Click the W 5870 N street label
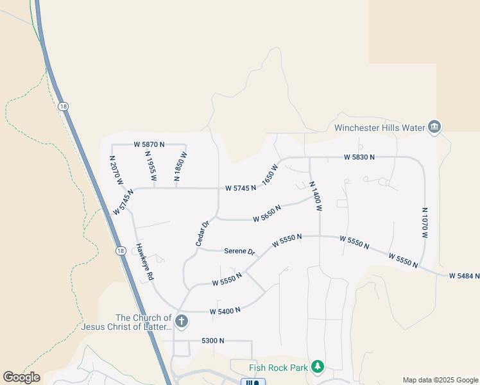click(149, 144)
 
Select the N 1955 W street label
click(151, 166)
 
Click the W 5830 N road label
click(359, 157)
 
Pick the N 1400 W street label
click(314, 196)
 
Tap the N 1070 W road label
click(424, 223)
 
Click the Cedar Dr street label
click(203, 234)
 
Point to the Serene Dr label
click(240, 251)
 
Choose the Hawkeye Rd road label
click(145, 261)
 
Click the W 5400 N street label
click(225, 311)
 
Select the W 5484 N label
click(464, 276)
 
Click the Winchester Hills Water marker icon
click(435, 127)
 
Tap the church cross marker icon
click(182, 321)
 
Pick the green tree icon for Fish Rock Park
click(317, 366)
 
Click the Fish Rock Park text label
click(278, 368)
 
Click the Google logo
click(22, 377)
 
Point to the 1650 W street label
click(270, 173)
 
